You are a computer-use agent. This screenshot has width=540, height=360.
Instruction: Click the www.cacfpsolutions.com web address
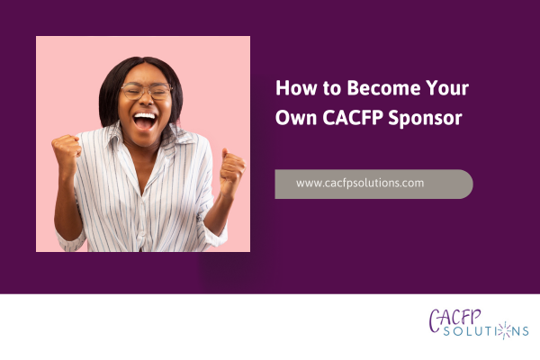point(360,183)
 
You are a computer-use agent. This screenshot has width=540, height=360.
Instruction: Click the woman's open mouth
point(144,118)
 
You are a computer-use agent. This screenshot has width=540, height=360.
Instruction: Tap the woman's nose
point(144,101)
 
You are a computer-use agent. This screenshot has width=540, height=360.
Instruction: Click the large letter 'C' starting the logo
point(436,317)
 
